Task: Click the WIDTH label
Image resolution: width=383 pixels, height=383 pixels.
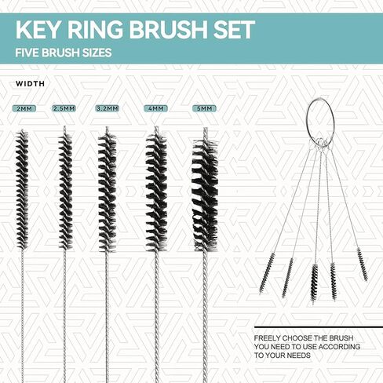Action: pos(30,83)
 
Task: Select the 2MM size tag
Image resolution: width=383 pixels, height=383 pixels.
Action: pos(21,108)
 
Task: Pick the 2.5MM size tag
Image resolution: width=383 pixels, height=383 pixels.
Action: pos(64,108)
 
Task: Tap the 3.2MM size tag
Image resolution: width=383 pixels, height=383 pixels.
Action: pos(107,108)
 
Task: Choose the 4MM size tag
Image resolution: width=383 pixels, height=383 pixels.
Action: pos(155,108)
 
